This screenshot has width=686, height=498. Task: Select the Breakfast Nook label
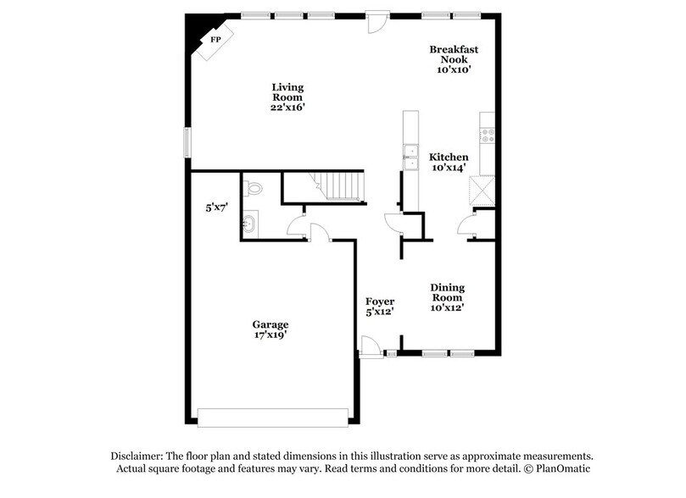tap(453, 59)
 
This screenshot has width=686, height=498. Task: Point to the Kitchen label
tap(449, 162)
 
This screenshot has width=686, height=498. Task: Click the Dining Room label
tap(447, 297)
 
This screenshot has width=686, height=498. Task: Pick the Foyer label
tap(380, 307)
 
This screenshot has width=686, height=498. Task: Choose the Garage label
tap(270, 329)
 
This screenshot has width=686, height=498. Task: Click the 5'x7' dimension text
tap(216, 207)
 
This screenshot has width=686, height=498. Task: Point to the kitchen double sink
tap(411, 158)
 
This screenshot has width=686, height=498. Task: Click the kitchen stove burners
tap(488, 135)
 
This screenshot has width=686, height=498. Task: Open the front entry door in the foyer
tap(371, 347)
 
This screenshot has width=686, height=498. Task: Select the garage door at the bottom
tap(273, 417)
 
